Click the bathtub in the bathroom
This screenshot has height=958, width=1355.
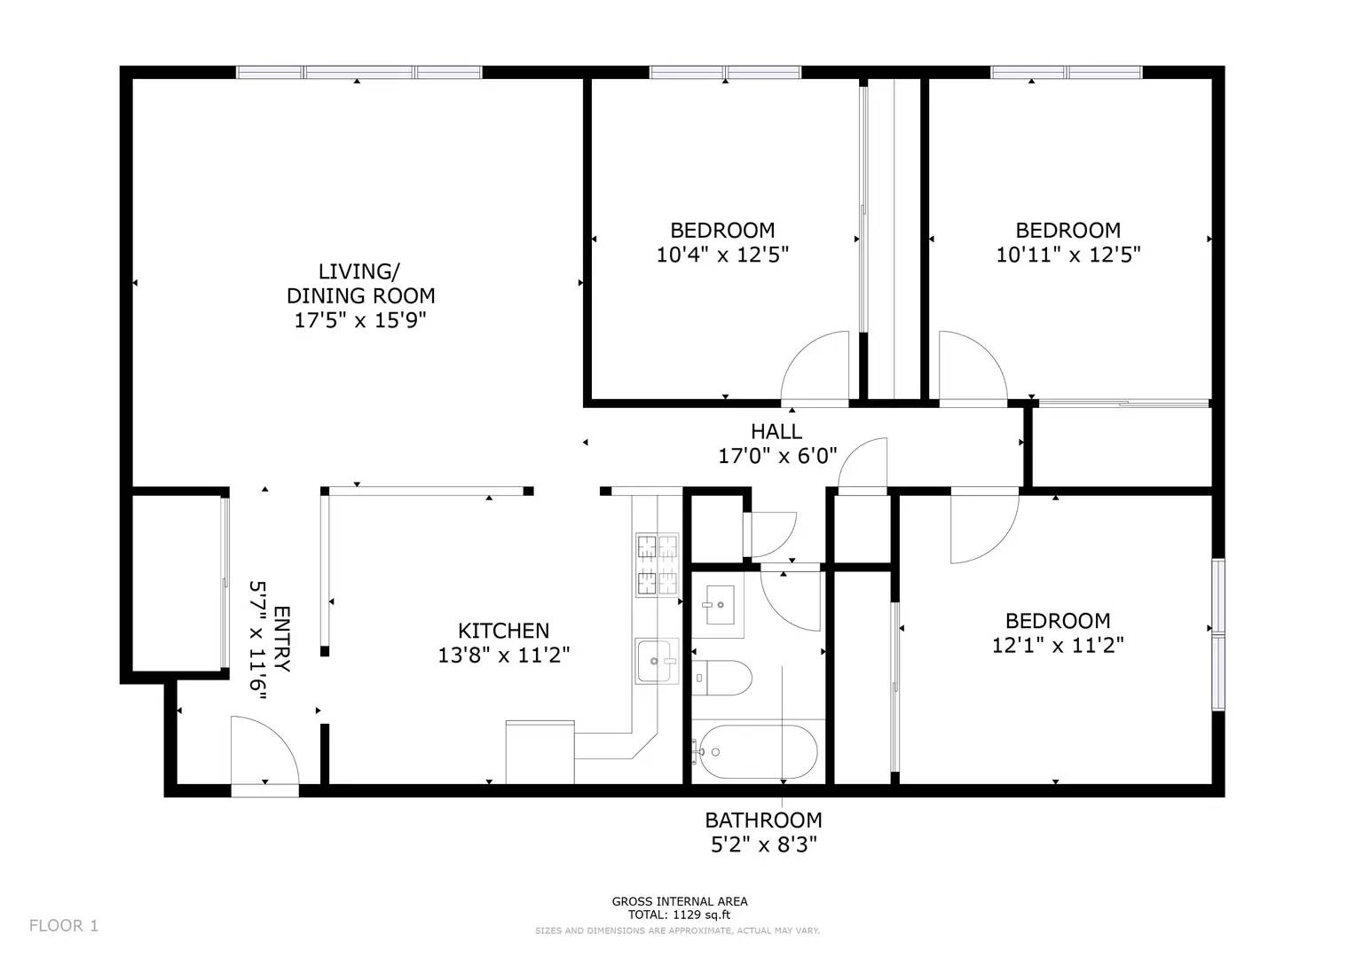(x=756, y=752)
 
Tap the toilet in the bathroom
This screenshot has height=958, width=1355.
(x=722, y=679)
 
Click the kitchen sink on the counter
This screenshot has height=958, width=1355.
(x=657, y=661)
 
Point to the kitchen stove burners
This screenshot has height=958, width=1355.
(x=657, y=565)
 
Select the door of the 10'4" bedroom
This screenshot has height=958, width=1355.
(x=816, y=368)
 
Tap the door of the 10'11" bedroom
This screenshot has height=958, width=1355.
(x=972, y=368)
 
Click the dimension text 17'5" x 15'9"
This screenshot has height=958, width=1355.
(x=360, y=320)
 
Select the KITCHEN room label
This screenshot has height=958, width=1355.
(x=503, y=631)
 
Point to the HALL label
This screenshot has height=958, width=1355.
(x=776, y=432)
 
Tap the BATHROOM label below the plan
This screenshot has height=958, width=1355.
(x=763, y=820)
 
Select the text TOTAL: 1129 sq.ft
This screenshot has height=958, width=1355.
(x=679, y=915)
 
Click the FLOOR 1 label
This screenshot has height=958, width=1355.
(x=63, y=926)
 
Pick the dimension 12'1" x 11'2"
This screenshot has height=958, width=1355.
(x=1057, y=645)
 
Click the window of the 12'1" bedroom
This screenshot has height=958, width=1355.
(x=1218, y=633)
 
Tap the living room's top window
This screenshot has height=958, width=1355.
(x=359, y=73)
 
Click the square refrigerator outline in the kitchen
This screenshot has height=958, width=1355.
(x=540, y=752)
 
